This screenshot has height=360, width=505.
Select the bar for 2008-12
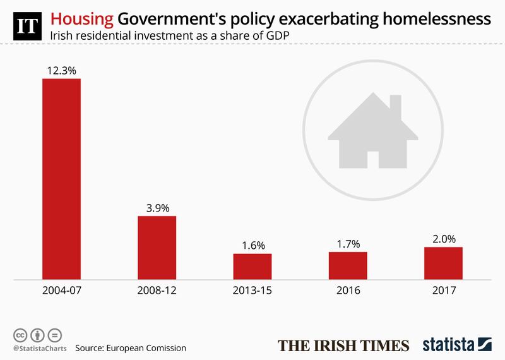(157, 247)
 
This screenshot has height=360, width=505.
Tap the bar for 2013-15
(252, 266)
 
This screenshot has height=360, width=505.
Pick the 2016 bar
(348, 265)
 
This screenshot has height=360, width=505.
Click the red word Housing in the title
(77, 14)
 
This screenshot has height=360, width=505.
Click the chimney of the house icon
(396, 104)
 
